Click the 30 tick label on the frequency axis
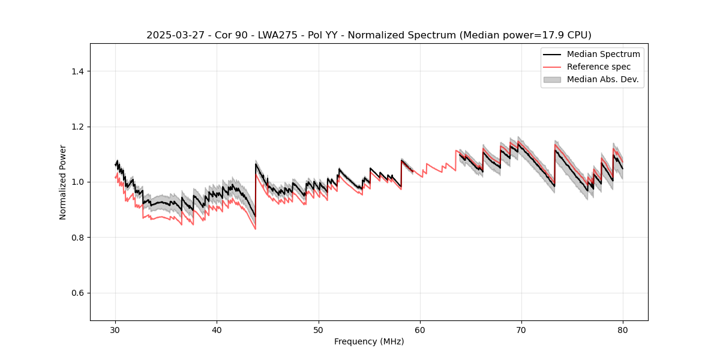pos(115,330)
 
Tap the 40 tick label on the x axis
pos(217,330)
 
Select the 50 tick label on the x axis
pos(319,330)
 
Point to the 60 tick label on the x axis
pos(420,330)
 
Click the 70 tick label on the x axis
pos(521,330)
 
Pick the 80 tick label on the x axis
pos(623,330)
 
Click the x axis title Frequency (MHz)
pos(369,341)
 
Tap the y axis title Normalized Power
pos(63,182)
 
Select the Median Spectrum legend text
pos(603,54)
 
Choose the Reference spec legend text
pos(599,67)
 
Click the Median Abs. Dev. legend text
pos(602,79)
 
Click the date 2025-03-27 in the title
pos(172,35)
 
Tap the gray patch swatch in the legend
pos(552,79)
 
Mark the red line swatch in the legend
pos(552,67)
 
